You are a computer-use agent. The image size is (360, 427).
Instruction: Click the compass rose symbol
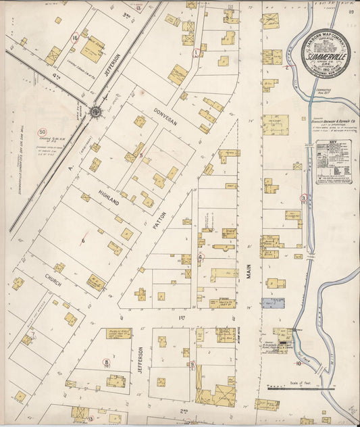95,111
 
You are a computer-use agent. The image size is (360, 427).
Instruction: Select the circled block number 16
74,39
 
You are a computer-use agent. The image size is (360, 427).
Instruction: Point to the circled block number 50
43,132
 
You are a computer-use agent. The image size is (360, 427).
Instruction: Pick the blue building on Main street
273,303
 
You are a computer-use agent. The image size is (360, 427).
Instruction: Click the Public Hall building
118,334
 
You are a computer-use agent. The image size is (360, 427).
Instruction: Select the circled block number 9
192,365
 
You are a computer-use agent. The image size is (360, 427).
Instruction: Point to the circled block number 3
304,197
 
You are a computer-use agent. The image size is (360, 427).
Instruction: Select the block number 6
84,240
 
